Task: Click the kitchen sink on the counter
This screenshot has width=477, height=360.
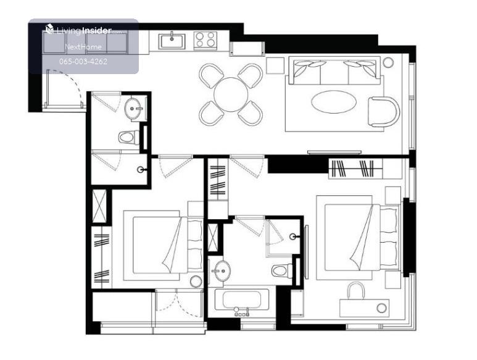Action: coord(172,41)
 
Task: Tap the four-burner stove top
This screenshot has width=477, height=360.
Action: coord(205,40)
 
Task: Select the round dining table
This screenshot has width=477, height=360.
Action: coord(231,94)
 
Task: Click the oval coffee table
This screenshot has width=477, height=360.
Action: coord(334,102)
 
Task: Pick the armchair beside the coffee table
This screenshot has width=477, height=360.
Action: coord(384,112)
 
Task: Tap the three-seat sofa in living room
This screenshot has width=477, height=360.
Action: coord(334,70)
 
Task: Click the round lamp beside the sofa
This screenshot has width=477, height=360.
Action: coord(388,62)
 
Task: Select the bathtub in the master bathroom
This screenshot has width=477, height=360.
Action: coord(242,299)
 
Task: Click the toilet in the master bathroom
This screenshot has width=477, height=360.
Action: coord(282,270)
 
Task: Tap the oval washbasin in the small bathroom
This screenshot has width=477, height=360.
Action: coord(133,108)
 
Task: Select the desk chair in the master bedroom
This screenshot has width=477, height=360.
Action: coord(356,290)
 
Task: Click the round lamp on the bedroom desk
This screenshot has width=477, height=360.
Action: coord(381,308)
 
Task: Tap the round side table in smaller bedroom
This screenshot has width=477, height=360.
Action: coord(196,282)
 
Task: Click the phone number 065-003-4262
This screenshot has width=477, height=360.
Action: coord(83,62)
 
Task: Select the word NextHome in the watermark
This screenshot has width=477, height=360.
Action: coord(83,47)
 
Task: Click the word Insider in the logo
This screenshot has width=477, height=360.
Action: coord(97,30)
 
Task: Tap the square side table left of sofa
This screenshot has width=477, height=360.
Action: coord(275,65)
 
